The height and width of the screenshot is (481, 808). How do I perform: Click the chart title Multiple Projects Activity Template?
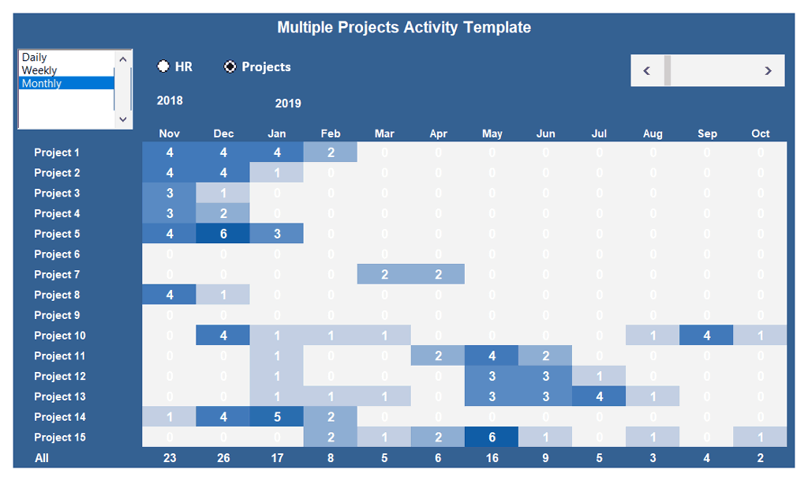[x=404, y=28]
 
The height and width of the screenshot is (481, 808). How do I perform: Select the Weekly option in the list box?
[x=39, y=70]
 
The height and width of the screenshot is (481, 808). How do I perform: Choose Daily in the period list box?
[x=35, y=58]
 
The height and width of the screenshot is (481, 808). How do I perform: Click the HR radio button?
[x=164, y=67]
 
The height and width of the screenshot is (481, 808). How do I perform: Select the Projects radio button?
[x=230, y=67]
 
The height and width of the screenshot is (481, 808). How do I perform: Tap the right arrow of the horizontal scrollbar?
[x=768, y=70]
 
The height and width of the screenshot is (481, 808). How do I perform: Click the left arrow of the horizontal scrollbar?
[x=647, y=70]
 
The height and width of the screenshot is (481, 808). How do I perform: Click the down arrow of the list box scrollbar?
[x=123, y=118]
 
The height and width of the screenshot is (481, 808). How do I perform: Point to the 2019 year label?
[x=288, y=103]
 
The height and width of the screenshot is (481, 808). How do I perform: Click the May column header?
[x=492, y=133]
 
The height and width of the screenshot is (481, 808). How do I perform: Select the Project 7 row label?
[x=57, y=275]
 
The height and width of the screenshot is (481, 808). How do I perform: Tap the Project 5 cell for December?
[x=223, y=234]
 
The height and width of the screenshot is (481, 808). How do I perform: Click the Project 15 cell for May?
[x=492, y=438]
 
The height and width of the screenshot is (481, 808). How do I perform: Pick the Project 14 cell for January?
[x=277, y=417]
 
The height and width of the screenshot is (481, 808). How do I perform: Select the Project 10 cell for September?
[x=706, y=336]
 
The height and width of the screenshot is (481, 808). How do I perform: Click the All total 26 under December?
[x=223, y=457]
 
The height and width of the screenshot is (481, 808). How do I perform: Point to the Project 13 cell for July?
[x=599, y=396]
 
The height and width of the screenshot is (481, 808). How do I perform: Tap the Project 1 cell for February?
[x=331, y=152]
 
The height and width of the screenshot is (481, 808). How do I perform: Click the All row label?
[x=42, y=457]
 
